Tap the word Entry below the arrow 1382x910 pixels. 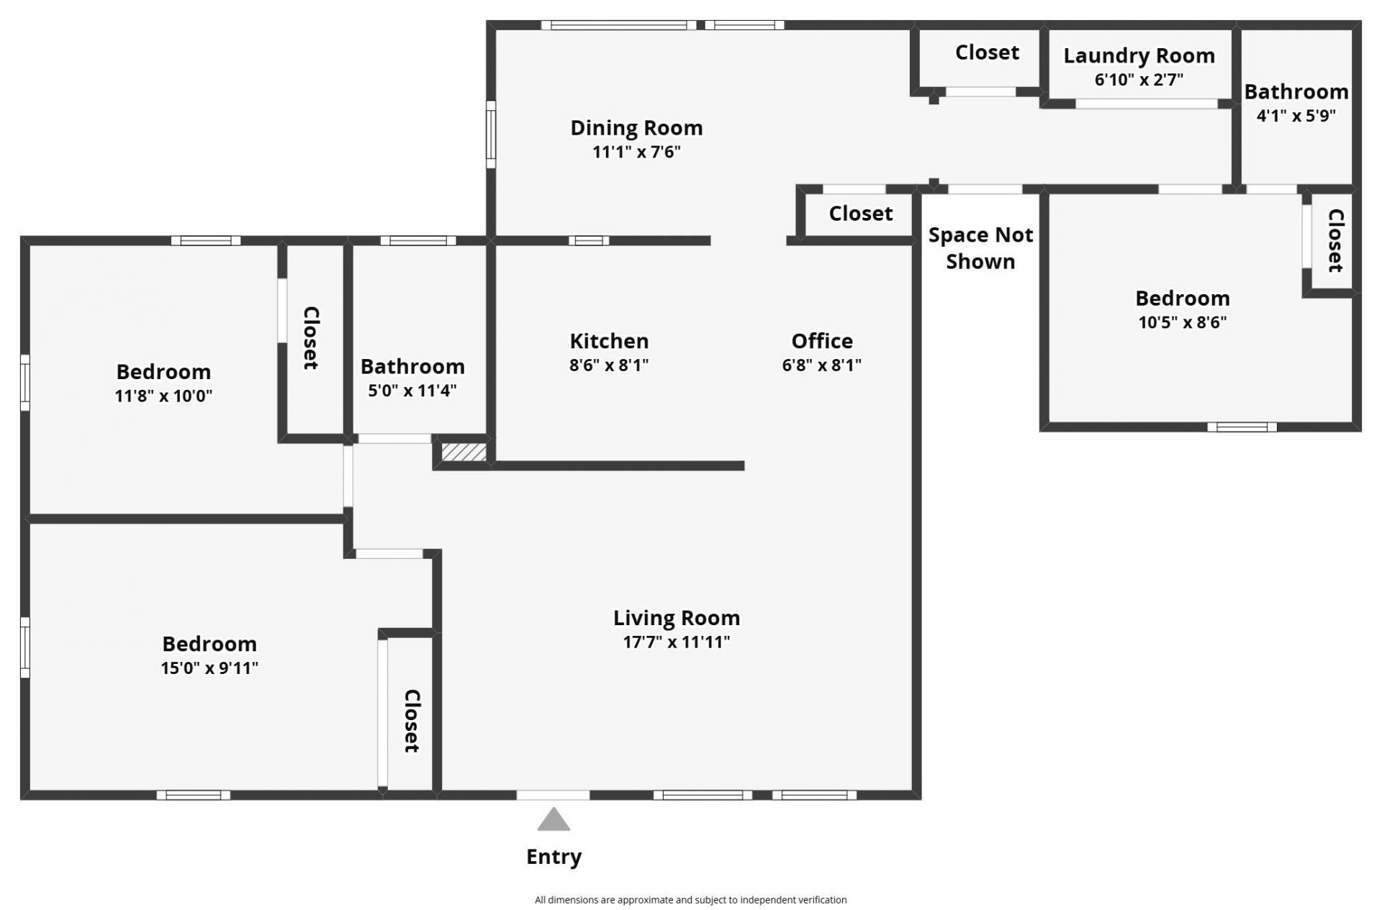554,857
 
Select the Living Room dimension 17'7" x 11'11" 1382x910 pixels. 676,642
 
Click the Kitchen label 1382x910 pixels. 609,341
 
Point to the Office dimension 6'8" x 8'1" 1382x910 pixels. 821,365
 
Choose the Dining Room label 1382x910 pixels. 636,128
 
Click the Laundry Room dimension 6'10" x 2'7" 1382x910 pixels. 1139,79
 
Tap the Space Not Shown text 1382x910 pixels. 980,248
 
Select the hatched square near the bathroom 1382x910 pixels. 464,452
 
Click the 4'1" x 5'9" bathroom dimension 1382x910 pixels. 1296,115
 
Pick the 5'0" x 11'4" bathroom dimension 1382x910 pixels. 412,391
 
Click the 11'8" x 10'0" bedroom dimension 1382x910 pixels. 163,396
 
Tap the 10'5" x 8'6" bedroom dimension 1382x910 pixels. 1182,322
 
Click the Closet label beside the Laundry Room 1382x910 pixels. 987,53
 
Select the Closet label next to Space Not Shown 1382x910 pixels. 860,214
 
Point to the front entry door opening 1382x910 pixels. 553,795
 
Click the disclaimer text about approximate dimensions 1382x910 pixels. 690,899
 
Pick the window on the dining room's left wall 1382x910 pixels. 491,134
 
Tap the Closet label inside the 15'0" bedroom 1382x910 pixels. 411,721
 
